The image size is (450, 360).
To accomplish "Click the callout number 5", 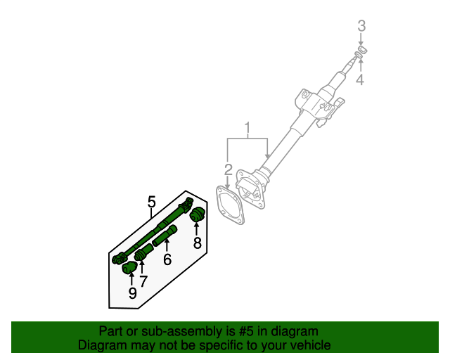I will [x=151, y=202].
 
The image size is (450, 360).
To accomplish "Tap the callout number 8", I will [x=198, y=244].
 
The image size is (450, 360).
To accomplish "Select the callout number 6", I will [x=167, y=259].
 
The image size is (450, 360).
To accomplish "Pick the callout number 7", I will [x=143, y=282].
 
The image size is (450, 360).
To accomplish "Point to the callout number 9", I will [x=132, y=293].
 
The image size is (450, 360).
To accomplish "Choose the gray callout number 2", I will [x=228, y=169].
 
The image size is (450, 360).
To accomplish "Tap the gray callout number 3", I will [x=361, y=26].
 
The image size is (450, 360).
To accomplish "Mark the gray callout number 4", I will [x=360, y=80].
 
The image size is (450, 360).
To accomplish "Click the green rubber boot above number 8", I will [x=197, y=214].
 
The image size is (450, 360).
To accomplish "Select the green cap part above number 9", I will [x=130, y=269].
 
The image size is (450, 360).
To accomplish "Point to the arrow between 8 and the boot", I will [x=197, y=229].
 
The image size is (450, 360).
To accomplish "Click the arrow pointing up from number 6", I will [x=167, y=245].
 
